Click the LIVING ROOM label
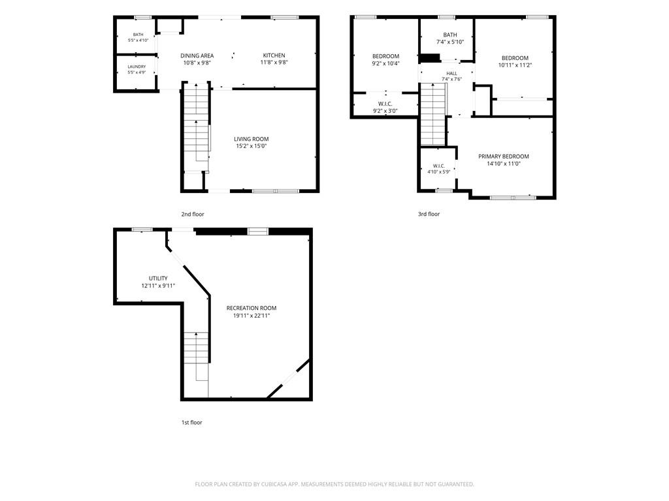pyautogui.click(x=252, y=139)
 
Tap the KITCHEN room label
pyautogui.click(x=274, y=55)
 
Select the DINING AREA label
pyautogui.click(x=197, y=56)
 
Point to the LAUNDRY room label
pyautogui.click(x=137, y=67)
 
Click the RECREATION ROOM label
pyautogui.click(x=252, y=308)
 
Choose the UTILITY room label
pyautogui.click(x=158, y=278)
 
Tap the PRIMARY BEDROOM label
pyautogui.click(x=504, y=157)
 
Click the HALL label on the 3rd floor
pyautogui.click(x=452, y=74)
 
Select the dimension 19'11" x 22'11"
pyautogui.click(x=252, y=316)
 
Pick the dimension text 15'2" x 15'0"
pyautogui.click(x=252, y=146)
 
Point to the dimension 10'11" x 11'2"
pyautogui.click(x=515, y=65)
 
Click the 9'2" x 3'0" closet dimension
pyautogui.click(x=385, y=111)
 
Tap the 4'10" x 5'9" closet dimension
pyautogui.click(x=438, y=172)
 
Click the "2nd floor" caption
pyautogui.click(x=193, y=214)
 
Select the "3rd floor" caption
pyautogui.click(x=429, y=214)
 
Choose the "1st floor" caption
pyautogui.click(x=192, y=423)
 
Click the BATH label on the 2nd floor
pyautogui.click(x=139, y=35)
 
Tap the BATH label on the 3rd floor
pyautogui.click(x=450, y=35)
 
